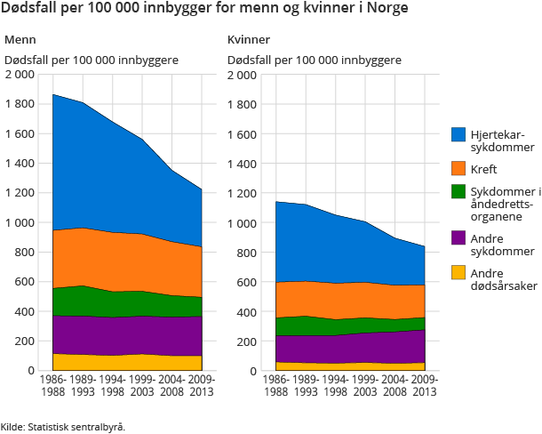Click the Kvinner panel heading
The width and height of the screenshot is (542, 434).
coord(249,41)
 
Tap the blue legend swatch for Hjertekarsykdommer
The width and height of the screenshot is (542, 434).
coord(459,134)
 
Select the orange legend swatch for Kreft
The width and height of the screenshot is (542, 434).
coord(459,169)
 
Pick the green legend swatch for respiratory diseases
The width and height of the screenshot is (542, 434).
coord(459,191)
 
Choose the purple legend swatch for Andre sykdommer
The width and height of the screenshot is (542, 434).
coord(459,237)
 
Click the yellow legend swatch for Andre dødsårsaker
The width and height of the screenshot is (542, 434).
coord(459,272)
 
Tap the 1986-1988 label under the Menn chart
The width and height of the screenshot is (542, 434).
coord(52,385)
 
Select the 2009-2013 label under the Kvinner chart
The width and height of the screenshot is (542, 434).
coord(424,385)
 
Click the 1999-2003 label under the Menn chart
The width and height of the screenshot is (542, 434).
coord(142,385)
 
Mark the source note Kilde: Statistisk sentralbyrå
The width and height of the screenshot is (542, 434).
coord(63,426)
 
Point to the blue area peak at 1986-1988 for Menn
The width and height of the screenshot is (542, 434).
coord(53,96)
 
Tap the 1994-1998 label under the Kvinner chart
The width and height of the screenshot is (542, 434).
coord(335,385)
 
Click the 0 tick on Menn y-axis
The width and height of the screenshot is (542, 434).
coord(31,371)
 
